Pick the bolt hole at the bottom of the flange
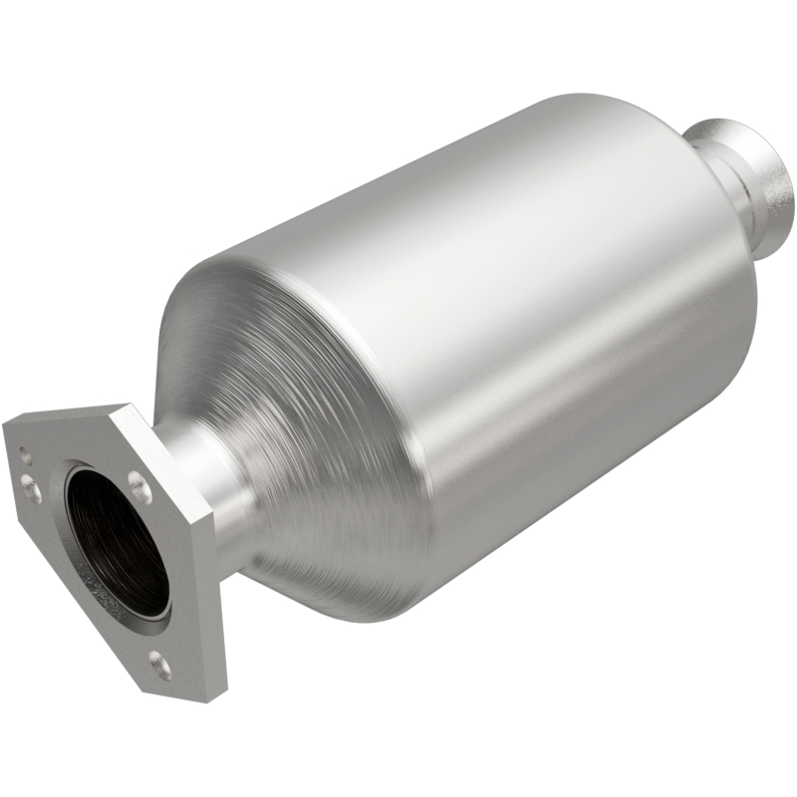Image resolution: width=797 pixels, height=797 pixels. click(x=158, y=660)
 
